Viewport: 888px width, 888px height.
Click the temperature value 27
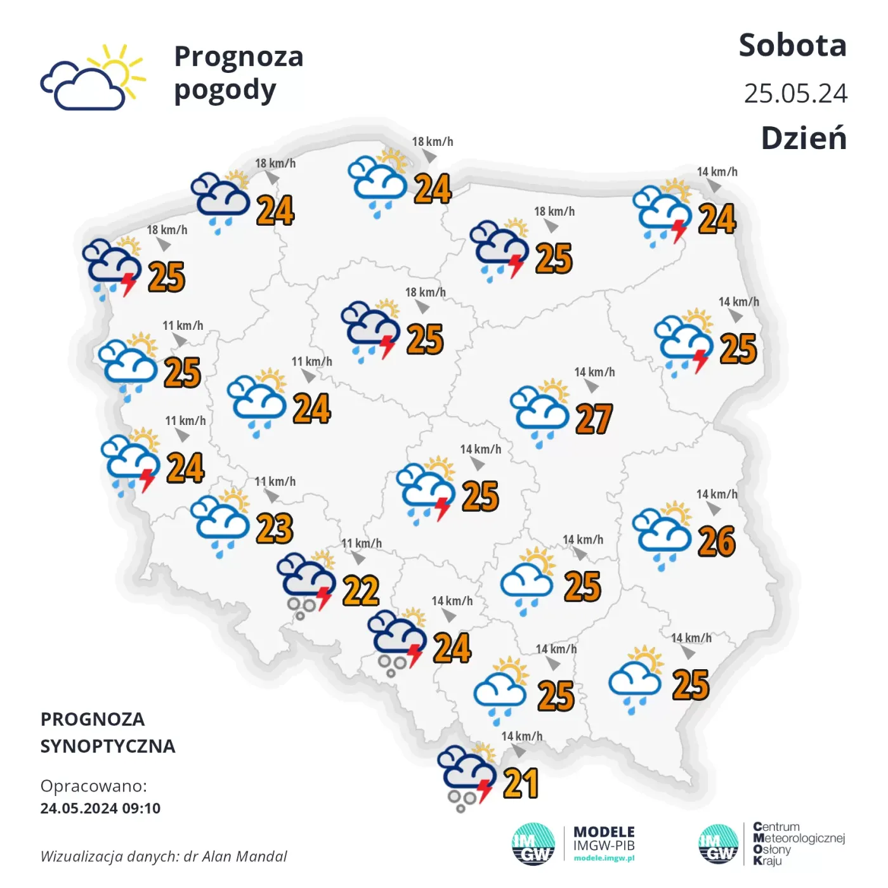pos(594,419)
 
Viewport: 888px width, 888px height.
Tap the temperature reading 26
pos(717,542)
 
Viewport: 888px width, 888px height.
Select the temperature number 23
pos(275,528)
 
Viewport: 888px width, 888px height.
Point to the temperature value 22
pos(361,591)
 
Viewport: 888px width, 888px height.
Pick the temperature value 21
pos(521,783)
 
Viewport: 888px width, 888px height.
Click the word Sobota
pos(792,46)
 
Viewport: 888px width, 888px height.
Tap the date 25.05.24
pos(795,94)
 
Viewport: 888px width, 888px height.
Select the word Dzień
pos(804,138)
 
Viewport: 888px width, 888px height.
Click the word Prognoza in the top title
pos(238,56)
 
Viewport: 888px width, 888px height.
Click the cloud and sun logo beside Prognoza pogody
pos(93,78)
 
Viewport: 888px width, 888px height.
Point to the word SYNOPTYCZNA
pos(108,746)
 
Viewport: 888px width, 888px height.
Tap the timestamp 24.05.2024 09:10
pos(100,808)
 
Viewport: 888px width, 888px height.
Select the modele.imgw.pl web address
pos(604,858)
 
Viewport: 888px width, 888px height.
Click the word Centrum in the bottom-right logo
pos(776,827)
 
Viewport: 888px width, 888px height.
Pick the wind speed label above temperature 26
pos(717,494)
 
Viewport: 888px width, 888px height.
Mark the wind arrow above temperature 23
pos(271,496)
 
